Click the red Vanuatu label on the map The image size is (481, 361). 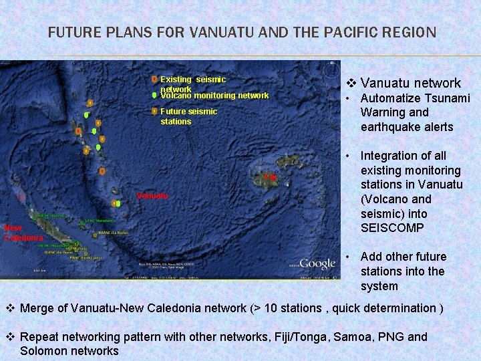tap(152, 196)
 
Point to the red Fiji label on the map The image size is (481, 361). tap(270, 177)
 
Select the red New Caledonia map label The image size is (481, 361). tap(23, 233)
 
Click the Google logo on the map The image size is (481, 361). tap(317, 263)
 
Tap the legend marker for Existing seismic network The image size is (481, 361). tap(154, 79)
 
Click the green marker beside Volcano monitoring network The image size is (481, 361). tap(154, 95)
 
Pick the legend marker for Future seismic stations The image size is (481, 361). tap(154, 112)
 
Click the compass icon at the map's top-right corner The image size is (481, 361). tap(331, 69)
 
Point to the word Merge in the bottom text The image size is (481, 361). tap(38, 308)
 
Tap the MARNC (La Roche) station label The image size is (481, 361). tap(114, 233)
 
